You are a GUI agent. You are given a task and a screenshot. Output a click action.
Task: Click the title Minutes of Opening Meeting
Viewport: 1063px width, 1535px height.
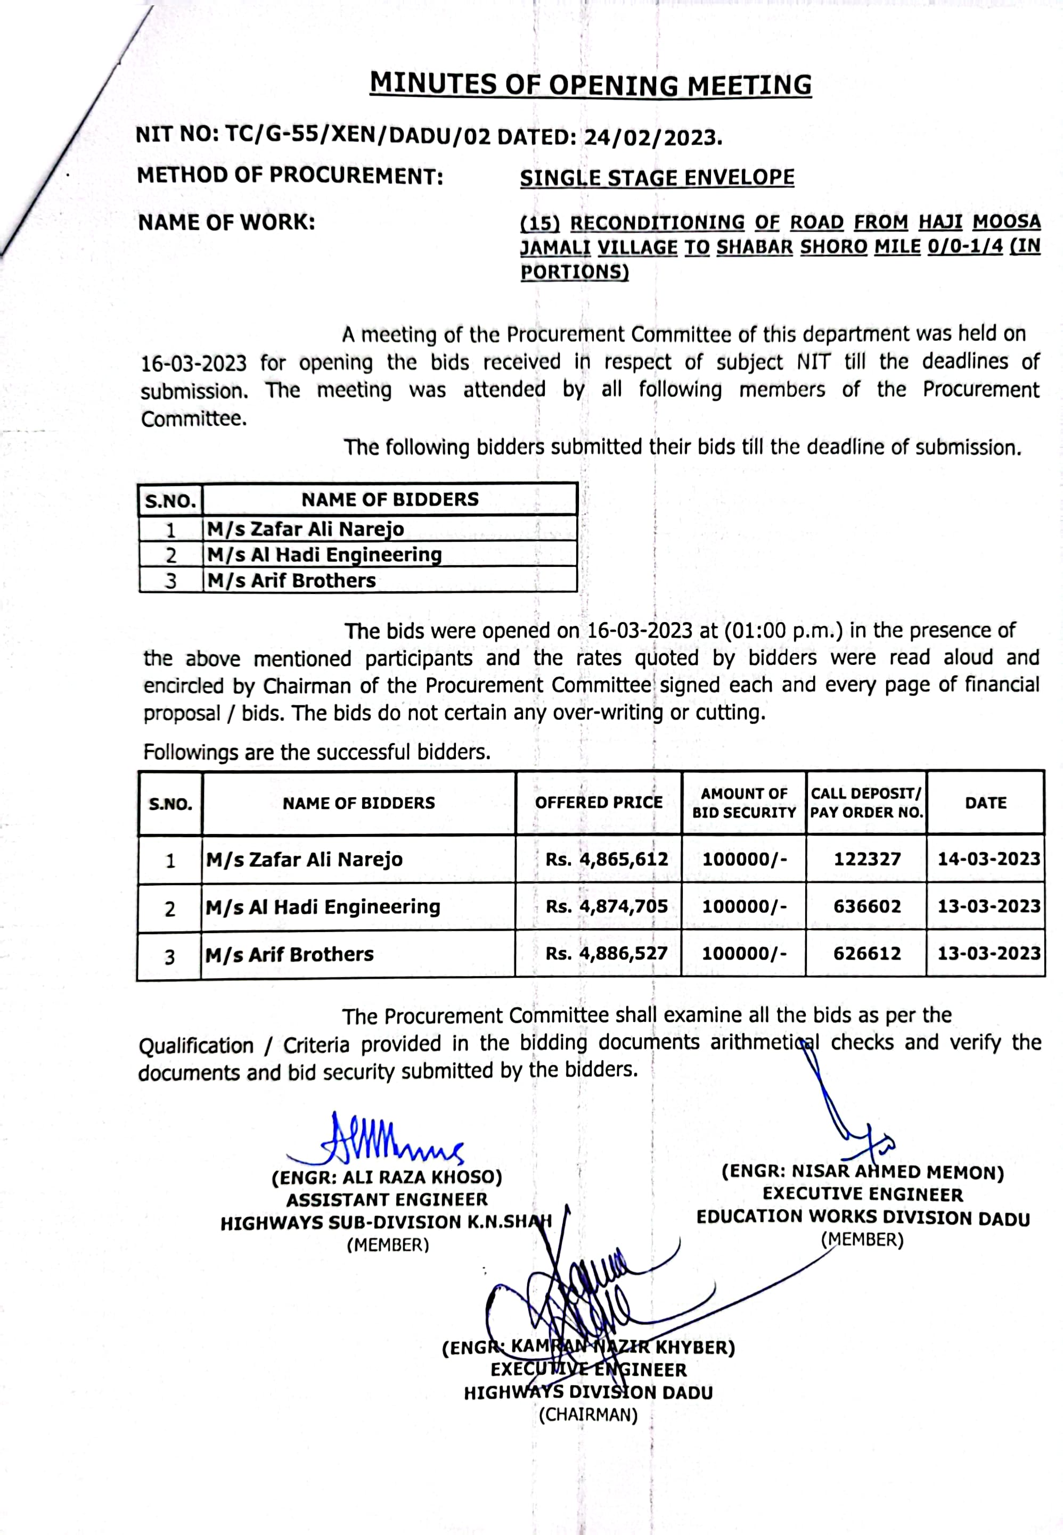click(x=590, y=85)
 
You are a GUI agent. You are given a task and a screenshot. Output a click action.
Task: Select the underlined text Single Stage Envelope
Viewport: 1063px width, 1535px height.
click(x=657, y=178)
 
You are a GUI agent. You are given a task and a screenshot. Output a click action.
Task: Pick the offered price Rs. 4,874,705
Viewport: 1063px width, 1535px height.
click(x=606, y=906)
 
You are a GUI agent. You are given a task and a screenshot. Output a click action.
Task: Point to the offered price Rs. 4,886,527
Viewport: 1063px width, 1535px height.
click(x=606, y=953)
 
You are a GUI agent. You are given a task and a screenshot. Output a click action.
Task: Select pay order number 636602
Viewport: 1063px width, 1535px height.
click(x=866, y=906)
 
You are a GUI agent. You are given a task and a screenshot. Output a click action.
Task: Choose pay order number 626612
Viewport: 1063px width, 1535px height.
click(x=866, y=953)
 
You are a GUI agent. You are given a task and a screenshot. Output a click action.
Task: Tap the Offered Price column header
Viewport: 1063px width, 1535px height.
click(x=598, y=802)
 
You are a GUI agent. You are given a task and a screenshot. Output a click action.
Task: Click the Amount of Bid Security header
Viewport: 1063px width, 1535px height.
click(x=743, y=803)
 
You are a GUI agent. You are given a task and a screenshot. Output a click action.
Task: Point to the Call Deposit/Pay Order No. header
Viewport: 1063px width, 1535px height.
click(x=866, y=803)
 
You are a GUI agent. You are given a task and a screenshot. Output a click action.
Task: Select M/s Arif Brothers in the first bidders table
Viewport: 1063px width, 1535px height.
click(x=291, y=581)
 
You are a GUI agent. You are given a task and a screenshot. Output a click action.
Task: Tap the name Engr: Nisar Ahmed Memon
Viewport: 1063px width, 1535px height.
click(x=863, y=1172)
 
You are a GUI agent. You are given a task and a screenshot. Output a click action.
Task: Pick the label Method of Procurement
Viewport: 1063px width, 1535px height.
click(x=290, y=176)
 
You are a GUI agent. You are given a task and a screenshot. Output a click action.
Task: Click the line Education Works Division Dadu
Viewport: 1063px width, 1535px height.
click(x=863, y=1217)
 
